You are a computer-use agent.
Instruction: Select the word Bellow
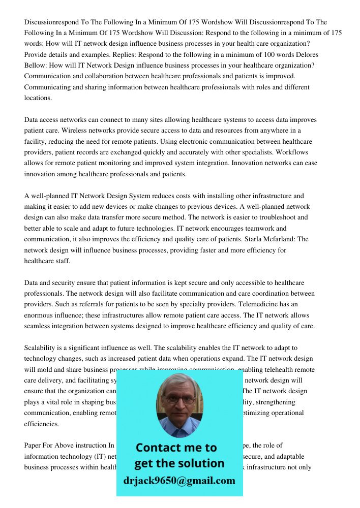coord(37,66)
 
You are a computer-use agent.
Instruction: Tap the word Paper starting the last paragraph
coord(34,445)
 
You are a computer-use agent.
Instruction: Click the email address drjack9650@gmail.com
coord(179,480)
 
